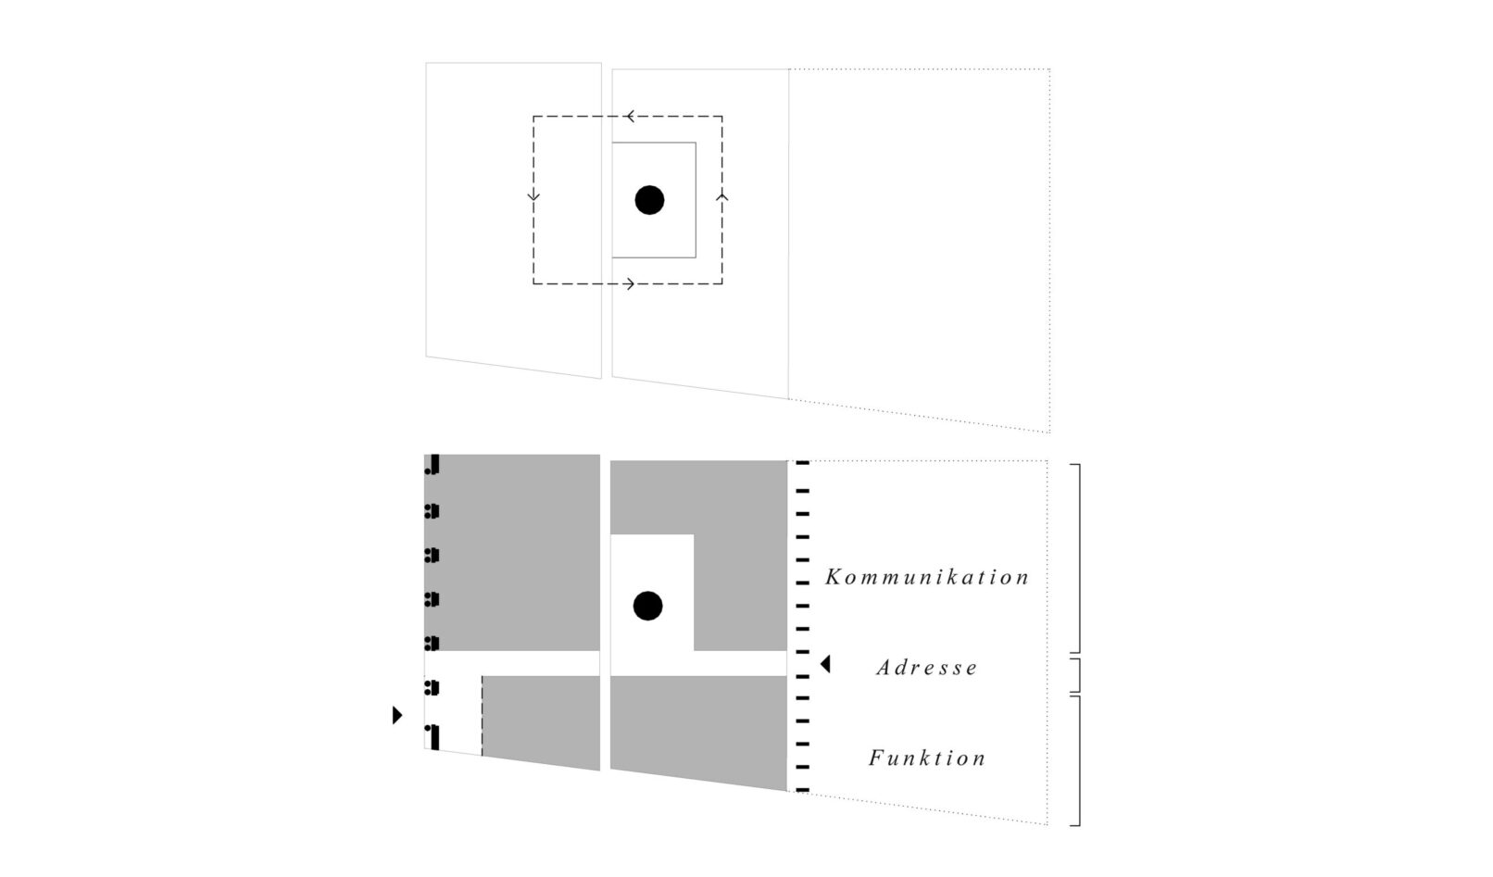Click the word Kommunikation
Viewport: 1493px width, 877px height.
pyautogui.click(x=927, y=577)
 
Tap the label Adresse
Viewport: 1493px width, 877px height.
pyautogui.click(x=927, y=667)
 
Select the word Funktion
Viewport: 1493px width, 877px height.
pyautogui.click(x=927, y=758)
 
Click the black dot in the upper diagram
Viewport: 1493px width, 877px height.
pyautogui.click(x=650, y=200)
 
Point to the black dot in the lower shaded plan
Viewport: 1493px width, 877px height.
pyautogui.click(x=647, y=606)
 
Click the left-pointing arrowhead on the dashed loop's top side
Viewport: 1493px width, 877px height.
pyautogui.click(x=629, y=117)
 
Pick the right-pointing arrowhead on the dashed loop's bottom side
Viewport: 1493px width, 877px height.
pyautogui.click(x=630, y=284)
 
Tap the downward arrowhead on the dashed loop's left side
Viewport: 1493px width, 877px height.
pyautogui.click(x=533, y=196)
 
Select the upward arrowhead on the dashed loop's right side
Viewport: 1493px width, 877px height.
pyautogui.click(x=721, y=197)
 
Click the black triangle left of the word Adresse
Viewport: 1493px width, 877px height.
pyautogui.click(x=825, y=664)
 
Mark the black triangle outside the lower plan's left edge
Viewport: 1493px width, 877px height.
pyautogui.click(x=397, y=715)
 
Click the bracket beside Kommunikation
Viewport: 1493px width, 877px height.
pyautogui.click(x=1075, y=558)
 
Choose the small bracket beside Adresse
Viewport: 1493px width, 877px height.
pyautogui.click(x=1075, y=676)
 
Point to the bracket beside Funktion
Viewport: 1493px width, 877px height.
pyautogui.click(x=1075, y=761)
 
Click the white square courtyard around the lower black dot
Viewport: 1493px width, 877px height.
pyautogui.click(x=652, y=593)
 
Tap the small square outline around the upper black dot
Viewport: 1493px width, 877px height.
pyautogui.click(x=654, y=200)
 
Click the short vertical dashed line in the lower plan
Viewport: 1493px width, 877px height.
pyautogui.click(x=482, y=716)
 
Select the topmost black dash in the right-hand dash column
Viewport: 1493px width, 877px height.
pyautogui.click(x=802, y=462)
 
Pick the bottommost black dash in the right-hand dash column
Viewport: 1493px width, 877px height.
pyautogui.click(x=802, y=790)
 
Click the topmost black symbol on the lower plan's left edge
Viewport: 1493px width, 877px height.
pyautogui.click(x=433, y=465)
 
